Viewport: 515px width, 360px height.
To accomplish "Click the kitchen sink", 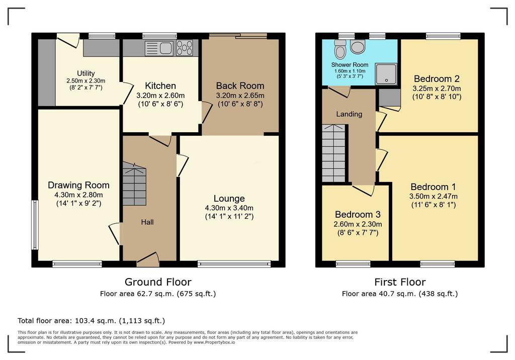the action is tap(159, 48).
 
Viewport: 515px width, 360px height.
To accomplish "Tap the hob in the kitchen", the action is tap(185, 48).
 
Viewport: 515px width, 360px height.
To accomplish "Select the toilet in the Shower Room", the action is tap(340, 49).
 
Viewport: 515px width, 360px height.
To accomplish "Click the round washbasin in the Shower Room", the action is tap(358, 47).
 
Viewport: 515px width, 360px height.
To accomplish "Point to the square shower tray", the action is tap(386, 74).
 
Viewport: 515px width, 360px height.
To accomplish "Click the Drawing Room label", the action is tap(78, 185).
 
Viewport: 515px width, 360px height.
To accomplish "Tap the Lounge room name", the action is tap(229, 199).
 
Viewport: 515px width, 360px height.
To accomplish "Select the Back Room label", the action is tap(240, 86).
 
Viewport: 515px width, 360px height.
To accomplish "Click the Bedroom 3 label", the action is tap(358, 215).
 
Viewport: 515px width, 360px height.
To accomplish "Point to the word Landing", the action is tap(349, 114).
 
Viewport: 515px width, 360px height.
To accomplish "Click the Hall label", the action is tap(147, 222).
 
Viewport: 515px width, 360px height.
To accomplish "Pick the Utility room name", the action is tap(85, 73).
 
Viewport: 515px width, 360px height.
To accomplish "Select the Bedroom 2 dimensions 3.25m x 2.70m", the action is tap(437, 88).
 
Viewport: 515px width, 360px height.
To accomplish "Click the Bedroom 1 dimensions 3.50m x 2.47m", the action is tap(433, 197).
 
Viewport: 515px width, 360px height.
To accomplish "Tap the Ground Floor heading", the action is tap(158, 282).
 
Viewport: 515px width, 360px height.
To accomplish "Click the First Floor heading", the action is tap(400, 282).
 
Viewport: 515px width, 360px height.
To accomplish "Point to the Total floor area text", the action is tap(92, 321).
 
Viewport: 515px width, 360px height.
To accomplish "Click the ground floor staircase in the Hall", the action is tap(134, 184).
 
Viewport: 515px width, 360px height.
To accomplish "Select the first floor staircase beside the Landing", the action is tap(333, 153).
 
